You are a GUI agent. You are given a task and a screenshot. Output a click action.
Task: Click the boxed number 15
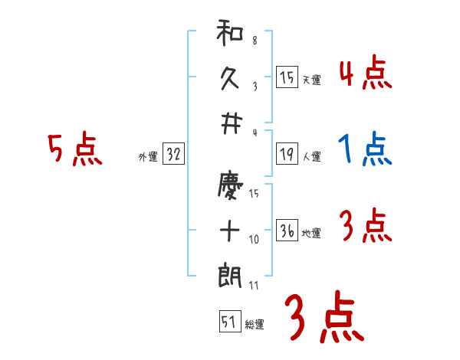287,77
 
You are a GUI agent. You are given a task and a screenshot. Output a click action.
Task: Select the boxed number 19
287,154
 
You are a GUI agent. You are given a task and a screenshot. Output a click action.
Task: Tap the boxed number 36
287,231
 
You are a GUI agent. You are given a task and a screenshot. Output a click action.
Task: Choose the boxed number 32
173,154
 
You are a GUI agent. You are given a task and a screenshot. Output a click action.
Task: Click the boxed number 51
228,322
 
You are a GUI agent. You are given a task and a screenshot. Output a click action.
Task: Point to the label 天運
311,80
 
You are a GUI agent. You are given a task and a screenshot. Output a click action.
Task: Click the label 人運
311,156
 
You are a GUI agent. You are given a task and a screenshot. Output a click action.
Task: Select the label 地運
311,233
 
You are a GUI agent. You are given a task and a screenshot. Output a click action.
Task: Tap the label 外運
148,156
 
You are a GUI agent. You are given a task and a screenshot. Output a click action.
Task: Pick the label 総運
255,325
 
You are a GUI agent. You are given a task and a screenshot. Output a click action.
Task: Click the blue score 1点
365,149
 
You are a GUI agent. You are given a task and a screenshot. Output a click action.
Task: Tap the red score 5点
74,149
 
